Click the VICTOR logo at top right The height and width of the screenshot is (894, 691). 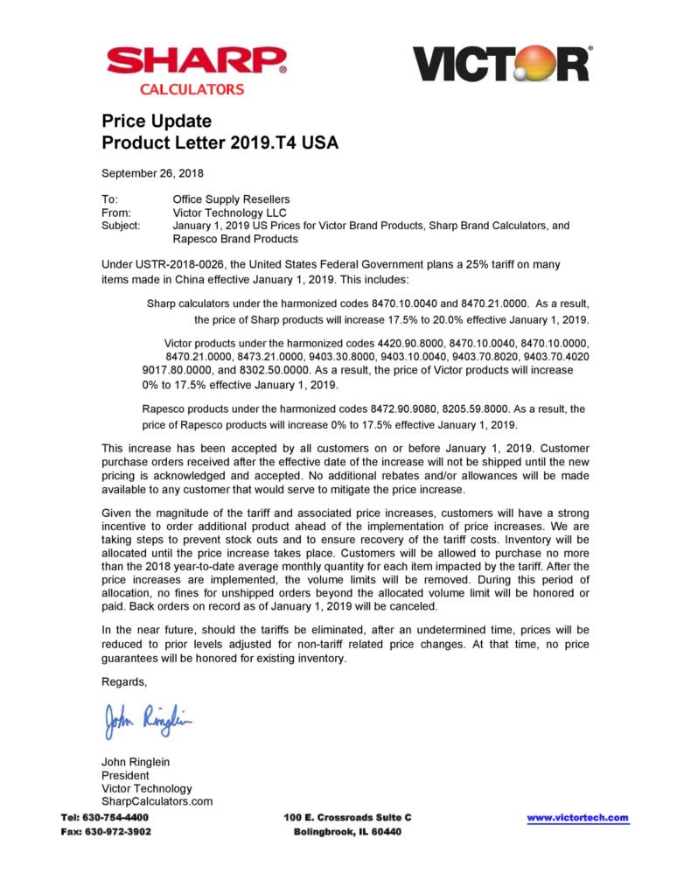coord(501,64)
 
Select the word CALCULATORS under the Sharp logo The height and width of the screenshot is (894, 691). coord(192,89)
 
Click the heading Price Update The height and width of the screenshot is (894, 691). coord(157,121)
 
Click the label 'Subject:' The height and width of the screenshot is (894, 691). coord(121,226)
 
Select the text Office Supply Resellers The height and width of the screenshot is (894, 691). coord(231,199)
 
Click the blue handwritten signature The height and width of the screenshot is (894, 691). coord(147,722)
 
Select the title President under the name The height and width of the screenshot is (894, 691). coord(125,775)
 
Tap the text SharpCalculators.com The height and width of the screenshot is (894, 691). coord(157,801)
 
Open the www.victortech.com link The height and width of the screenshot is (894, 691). coord(577,818)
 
